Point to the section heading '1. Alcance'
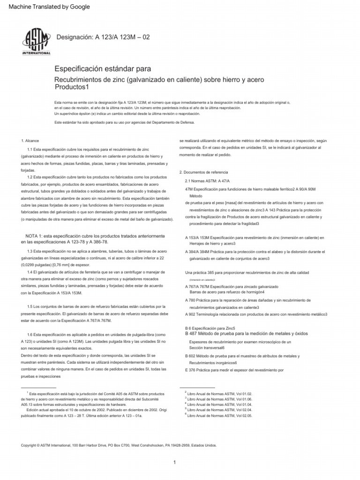pyautogui.click(x=30, y=141)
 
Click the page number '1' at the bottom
pyautogui.click(x=174, y=462)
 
